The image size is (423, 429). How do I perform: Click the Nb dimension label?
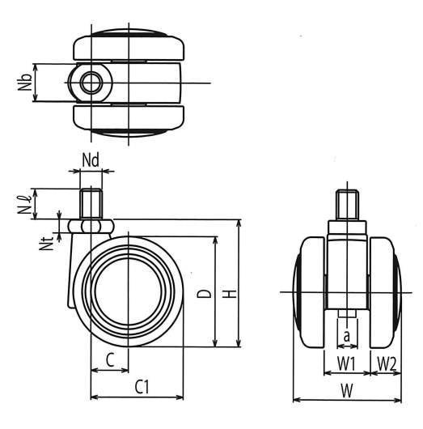[24, 82]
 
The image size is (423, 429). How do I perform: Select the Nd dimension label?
[91, 160]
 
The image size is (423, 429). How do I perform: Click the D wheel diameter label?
[205, 293]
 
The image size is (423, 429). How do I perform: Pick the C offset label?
[110, 360]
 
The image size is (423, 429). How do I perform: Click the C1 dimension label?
[142, 387]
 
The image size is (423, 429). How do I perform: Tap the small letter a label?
[347, 336]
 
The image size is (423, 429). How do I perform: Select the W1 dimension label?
[346, 363]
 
